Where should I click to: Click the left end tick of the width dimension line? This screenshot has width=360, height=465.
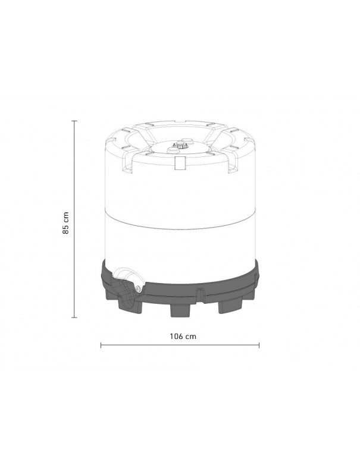[101, 344]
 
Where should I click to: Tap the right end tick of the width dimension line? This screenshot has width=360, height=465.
[259, 344]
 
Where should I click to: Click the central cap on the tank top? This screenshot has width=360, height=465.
[179, 144]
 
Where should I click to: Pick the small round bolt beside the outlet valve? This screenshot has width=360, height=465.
[138, 288]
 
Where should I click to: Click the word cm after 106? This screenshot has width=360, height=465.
[190, 336]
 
